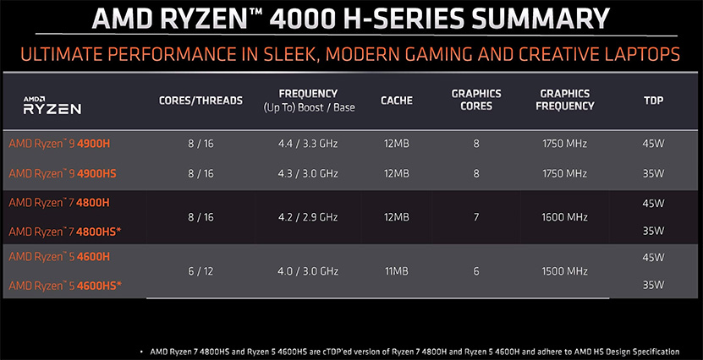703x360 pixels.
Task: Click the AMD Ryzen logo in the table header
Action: click(x=52, y=106)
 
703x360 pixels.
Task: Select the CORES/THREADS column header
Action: click(x=200, y=101)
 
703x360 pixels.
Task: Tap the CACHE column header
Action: click(x=397, y=101)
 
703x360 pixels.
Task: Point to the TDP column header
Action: click(x=653, y=101)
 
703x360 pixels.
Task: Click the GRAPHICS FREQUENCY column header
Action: click(x=565, y=100)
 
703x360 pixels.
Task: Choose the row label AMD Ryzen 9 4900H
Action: click(x=59, y=144)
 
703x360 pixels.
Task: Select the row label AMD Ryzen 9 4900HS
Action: click(x=63, y=173)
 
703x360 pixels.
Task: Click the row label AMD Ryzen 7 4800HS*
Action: click(x=65, y=232)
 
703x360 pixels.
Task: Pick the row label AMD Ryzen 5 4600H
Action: click(x=59, y=257)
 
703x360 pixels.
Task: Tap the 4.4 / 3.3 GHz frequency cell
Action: click(x=308, y=144)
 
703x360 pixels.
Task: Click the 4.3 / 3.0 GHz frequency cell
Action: click(x=308, y=173)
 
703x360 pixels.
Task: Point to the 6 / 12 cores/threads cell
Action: click(x=200, y=271)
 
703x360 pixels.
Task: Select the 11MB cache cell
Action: click(x=396, y=271)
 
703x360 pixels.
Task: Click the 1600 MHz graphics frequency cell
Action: click(x=565, y=217)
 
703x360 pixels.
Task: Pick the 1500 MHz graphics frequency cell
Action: click(x=565, y=271)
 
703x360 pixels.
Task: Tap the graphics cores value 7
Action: click(x=476, y=217)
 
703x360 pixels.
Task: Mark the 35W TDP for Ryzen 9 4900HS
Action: click(x=653, y=173)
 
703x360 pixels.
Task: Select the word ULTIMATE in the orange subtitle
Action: click(x=60, y=55)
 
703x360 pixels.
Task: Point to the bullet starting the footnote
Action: click(x=142, y=352)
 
